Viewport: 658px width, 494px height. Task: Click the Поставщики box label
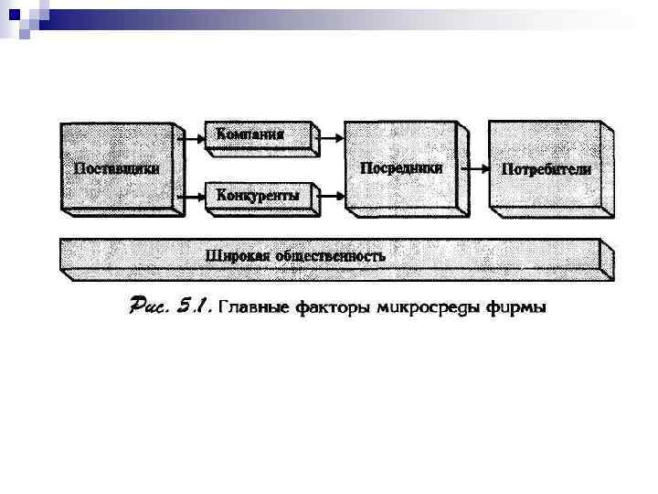tap(116, 168)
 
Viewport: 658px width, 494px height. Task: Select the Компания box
tap(249, 134)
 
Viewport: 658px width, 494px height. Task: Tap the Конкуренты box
tap(258, 195)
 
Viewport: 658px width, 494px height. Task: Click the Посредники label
tap(402, 167)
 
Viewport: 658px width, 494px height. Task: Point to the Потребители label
tap(547, 169)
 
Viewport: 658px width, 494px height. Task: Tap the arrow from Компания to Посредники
tap(332, 135)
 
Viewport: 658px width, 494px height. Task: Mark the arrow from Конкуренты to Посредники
tap(332, 195)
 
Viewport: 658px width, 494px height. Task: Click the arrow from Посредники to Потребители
tap(472, 169)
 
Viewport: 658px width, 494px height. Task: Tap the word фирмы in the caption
tap(518, 308)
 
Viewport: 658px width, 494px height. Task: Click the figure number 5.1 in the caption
tap(194, 307)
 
